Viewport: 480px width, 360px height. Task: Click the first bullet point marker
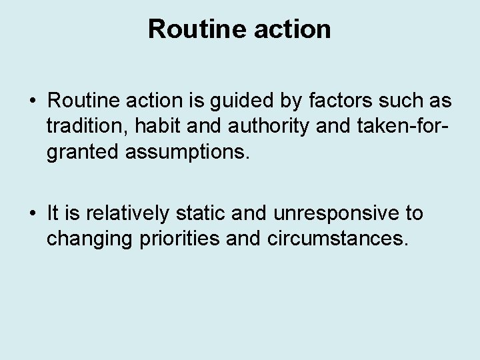[x=32, y=102]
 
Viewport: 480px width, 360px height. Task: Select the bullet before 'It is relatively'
[x=32, y=213]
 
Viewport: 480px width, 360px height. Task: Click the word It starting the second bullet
[x=54, y=213]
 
